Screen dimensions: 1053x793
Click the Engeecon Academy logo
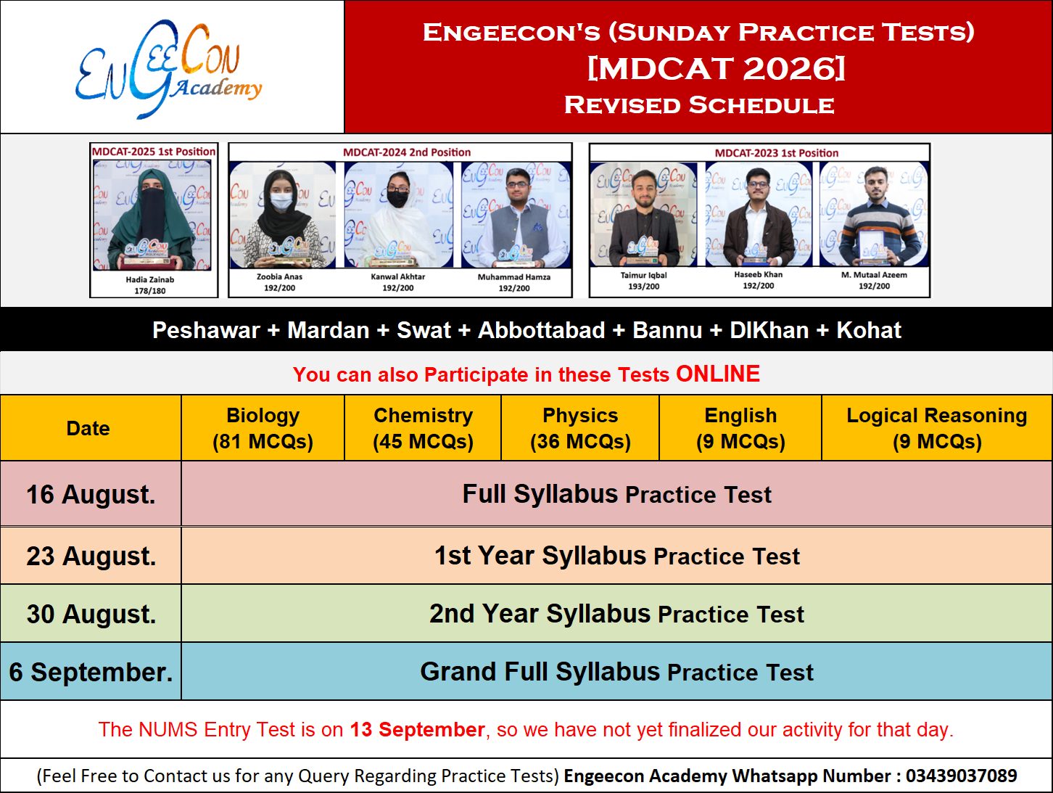pyautogui.click(x=168, y=69)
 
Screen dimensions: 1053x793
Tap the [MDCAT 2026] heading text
pyautogui.click(x=716, y=69)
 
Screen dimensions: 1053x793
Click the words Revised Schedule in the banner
pyautogui.click(x=699, y=105)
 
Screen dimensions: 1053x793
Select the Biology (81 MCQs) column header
pyautogui.click(x=263, y=428)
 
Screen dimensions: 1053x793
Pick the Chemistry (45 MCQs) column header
pyautogui.click(x=423, y=428)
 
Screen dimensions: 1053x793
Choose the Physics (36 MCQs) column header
pyautogui.click(x=580, y=428)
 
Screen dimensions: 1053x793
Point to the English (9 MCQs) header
pyautogui.click(x=740, y=428)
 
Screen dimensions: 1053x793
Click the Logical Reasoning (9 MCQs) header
pyautogui.click(x=937, y=428)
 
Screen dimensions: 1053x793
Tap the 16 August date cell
pyautogui.click(x=91, y=494)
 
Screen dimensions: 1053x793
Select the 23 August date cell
pyautogui.click(x=91, y=556)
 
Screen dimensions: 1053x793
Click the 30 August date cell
pyautogui.click(x=91, y=614)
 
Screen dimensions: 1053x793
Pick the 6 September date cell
pyautogui.click(x=91, y=672)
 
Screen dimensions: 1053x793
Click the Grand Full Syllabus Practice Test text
pyautogui.click(x=617, y=672)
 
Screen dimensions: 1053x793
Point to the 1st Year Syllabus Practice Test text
pyautogui.click(x=617, y=556)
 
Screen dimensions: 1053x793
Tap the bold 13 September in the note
pyautogui.click(x=417, y=730)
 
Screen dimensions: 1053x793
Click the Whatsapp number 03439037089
pyautogui.click(x=961, y=776)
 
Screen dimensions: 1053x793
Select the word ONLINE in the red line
pyautogui.click(x=718, y=374)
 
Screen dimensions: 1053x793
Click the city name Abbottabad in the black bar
pyautogui.click(x=542, y=330)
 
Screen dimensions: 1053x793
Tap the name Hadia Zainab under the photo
pyautogui.click(x=149, y=279)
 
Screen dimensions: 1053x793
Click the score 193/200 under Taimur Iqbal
pyautogui.click(x=644, y=287)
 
